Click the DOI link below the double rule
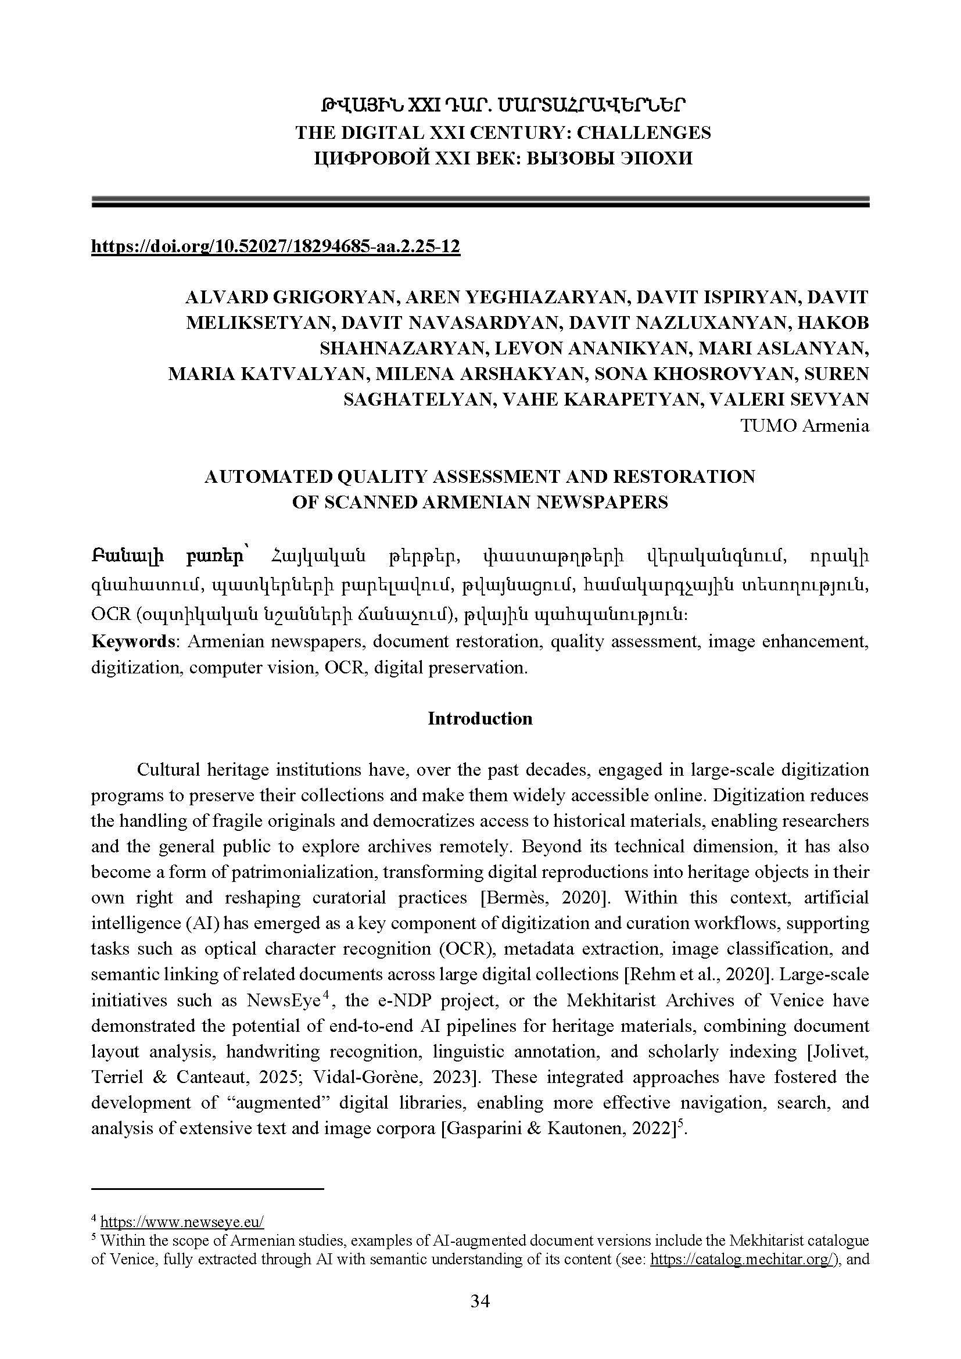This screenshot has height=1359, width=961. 275,246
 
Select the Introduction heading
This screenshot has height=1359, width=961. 480,719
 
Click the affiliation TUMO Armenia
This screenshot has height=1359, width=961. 805,425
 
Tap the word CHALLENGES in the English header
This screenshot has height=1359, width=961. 644,132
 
